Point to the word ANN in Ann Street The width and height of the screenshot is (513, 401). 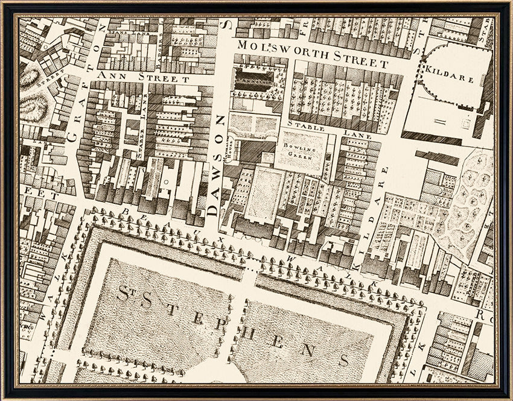pos(110,76)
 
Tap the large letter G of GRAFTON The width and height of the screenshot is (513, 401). pos(72,137)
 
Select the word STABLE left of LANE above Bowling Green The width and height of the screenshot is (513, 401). pos(307,128)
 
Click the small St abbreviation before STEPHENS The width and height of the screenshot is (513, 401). pos(126,295)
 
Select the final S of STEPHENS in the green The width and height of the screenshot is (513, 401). pos(343,360)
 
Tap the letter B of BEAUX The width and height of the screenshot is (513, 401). pos(125,212)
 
